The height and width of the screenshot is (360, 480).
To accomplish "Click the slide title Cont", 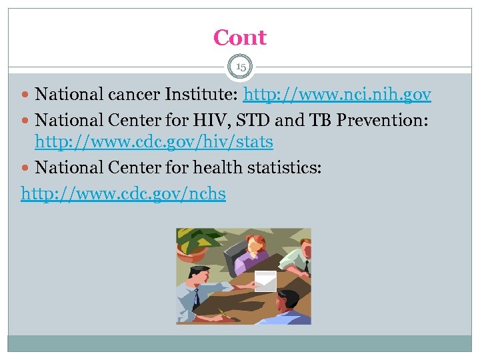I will coord(240,38).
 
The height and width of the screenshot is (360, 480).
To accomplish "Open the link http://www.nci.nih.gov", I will coord(337,95).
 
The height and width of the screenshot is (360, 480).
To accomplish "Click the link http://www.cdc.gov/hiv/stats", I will coord(153,142).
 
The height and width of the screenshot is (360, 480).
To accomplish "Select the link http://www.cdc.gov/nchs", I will coord(123,194).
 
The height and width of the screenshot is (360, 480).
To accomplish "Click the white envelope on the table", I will coord(265,281).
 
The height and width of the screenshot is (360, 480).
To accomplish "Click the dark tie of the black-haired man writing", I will coord(196,296).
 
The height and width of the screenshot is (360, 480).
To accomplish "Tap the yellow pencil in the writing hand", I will coord(223,311).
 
